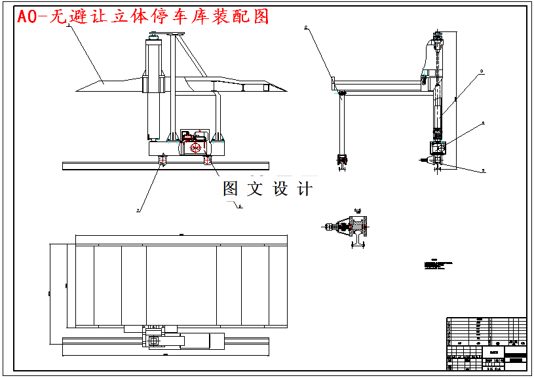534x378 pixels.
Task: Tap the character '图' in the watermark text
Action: [x=231, y=189]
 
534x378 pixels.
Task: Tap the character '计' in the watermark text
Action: [x=305, y=189]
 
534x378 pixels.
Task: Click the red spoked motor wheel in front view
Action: [x=195, y=147]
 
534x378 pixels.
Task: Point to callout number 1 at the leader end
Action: [x=68, y=24]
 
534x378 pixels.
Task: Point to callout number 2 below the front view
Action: [x=138, y=210]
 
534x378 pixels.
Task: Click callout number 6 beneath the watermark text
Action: [x=240, y=206]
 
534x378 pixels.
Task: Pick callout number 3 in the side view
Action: [x=482, y=70]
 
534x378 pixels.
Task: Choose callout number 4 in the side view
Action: [x=484, y=123]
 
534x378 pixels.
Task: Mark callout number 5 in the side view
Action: [x=484, y=170]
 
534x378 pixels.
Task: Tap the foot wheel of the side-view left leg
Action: [x=341, y=159]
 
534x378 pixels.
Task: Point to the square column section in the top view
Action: [x=153, y=340]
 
